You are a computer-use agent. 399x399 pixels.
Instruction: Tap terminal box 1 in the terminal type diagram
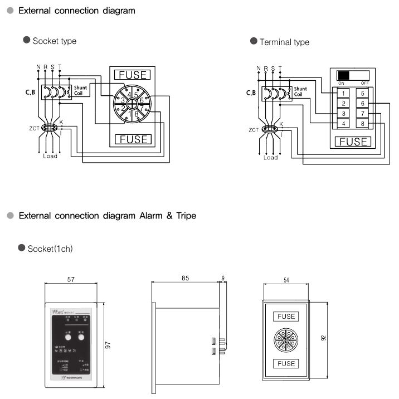[x=344, y=93]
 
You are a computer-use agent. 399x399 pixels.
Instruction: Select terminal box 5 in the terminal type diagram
[x=363, y=93]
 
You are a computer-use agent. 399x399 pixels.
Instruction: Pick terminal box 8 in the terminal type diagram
[x=363, y=123]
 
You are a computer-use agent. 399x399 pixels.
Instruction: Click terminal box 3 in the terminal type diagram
[x=344, y=113]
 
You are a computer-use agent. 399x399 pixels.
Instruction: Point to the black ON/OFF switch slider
[x=344, y=75]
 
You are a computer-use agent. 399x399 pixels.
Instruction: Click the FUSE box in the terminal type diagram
[x=353, y=142]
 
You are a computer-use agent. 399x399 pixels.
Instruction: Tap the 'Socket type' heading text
[x=54, y=41]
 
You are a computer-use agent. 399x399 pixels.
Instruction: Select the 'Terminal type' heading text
[x=284, y=42]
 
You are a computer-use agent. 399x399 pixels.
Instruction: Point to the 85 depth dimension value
[x=186, y=277]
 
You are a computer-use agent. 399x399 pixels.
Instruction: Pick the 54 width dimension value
[x=286, y=280]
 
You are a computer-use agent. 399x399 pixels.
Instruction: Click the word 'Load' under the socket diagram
[x=50, y=156]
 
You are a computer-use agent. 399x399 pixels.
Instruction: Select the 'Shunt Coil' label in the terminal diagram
[x=300, y=91]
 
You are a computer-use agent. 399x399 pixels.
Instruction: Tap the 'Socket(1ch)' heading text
[x=50, y=249]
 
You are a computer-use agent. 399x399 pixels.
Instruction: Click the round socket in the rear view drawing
[x=286, y=339]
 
